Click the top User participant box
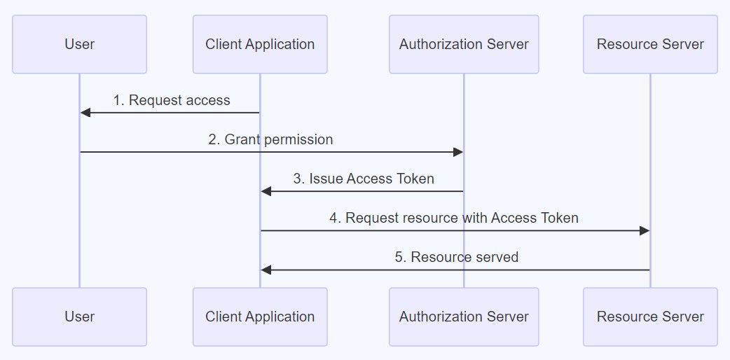(x=79, y=44)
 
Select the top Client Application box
(x=260, y=44)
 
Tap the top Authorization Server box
(x=464, y=44)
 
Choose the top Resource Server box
(x=650, y=44)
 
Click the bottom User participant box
(x=79, y=317)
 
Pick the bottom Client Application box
(x=260, y=317)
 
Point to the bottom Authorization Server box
(x=464, y=317)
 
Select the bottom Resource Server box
(x=650, y=317)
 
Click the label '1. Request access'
(x=172, y=100)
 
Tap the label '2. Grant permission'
(x=270, y=139)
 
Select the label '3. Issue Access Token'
(x=363, y=179)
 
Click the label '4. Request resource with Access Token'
(x=454, y=218)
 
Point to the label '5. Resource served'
(x=456, y=257)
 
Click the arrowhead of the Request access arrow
(x=85, y=113)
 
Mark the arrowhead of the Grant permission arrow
(x=458, y=152)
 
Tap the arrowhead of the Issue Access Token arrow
(x=266, y=191)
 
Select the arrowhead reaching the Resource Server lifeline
(x=645, y=230)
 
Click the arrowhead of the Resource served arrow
(x=266, y=270)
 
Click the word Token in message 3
(x=415, y=179)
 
